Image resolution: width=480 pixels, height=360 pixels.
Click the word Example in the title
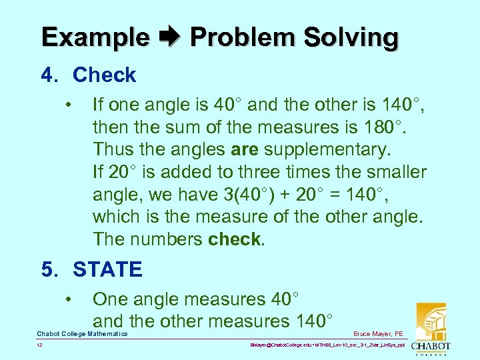point(95,37)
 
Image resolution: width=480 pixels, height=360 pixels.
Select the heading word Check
point(104,75)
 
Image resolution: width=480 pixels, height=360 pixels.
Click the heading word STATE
point(107,269)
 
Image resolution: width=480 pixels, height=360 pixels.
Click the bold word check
point(234,239)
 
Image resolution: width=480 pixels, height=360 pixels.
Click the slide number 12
point(41,346)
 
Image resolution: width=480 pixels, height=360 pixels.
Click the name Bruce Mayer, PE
point(378,334)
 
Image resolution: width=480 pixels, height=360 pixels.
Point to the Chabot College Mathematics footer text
point(82,334)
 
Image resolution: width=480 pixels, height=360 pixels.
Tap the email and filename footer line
point(326,346)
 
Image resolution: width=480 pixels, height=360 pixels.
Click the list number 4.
point(47,75)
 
